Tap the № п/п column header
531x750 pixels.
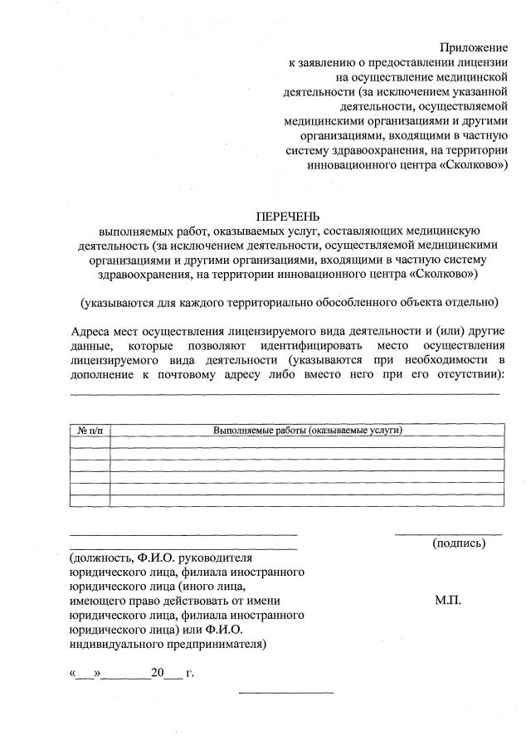90,431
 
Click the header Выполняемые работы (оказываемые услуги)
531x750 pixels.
307,431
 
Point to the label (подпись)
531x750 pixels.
459,543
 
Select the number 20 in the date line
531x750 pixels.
158,672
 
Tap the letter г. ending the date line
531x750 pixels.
190,672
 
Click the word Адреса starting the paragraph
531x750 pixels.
92,330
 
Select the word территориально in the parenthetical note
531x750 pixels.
274,300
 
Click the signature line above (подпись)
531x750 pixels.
448,534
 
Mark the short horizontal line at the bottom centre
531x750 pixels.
285,692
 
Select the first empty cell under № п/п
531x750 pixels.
90,442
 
